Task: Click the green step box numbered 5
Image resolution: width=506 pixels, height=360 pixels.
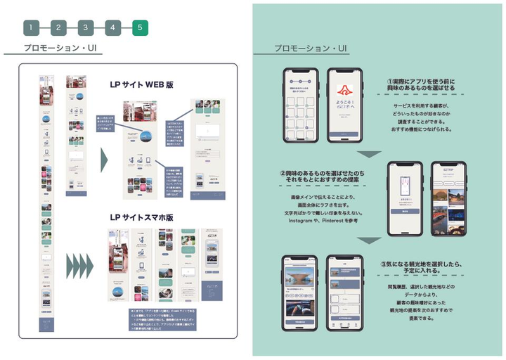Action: (x=139, y=28)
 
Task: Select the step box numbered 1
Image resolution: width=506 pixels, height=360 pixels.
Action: (x=31, y=28)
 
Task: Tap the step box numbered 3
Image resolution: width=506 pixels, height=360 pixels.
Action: (x=85, y=28)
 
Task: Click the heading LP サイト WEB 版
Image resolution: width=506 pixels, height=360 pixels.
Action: (x=141, y=84)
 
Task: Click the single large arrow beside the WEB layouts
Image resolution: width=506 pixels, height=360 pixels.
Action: (x=105, y=160)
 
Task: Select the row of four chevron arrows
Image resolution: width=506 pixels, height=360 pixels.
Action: (x=79, y=266)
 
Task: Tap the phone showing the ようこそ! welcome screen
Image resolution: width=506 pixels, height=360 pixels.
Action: (x=344, y=105)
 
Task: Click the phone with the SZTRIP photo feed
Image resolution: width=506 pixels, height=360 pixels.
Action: (x=447, y=199)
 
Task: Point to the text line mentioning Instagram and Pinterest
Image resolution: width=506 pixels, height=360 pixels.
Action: (x=323, y=221)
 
